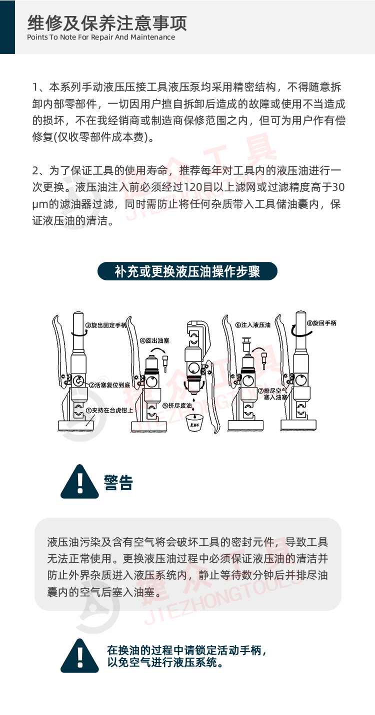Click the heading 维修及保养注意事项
(x=107, y=23)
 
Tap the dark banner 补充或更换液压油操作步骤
(x=187, y=272)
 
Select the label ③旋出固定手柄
(x=105, y=325)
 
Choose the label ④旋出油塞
(x=155, y=340)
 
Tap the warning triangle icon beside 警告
(x=79, y=482)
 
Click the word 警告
(x=118, y=483)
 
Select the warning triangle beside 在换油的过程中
(x=79, y=656)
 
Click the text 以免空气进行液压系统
(x=164, y=663)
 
